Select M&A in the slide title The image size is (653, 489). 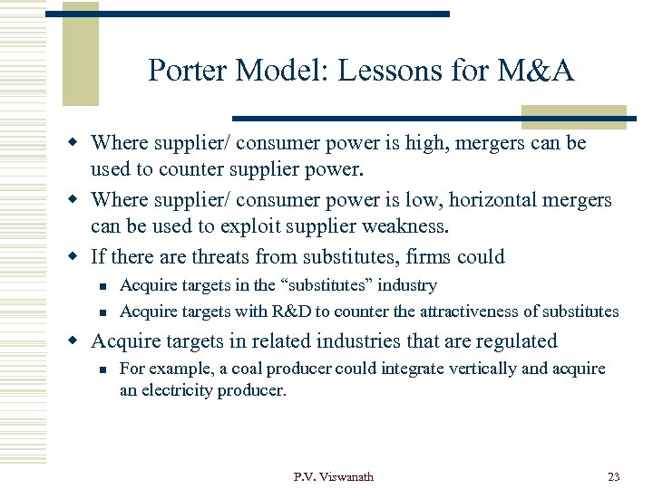tap(535, 70)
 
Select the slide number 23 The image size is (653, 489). tap(613, 476)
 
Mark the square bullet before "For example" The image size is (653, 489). tap(103, 369)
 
